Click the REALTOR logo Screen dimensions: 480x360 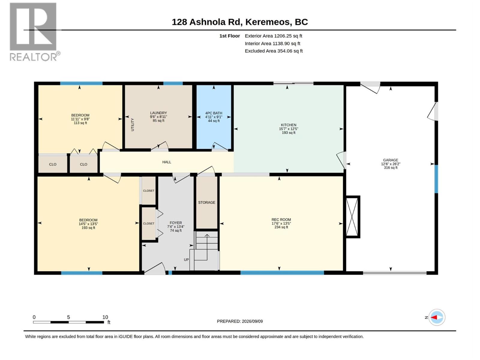(35, 32)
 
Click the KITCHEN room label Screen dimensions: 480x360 (288, 125)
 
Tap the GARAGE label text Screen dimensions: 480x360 (391, 160)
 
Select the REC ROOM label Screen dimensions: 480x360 (281, 220)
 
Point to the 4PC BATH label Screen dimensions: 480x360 (214, 113)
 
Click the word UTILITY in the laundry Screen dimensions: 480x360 (132, 124)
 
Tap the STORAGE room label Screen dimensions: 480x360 (207, 202)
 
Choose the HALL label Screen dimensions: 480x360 (166, 162)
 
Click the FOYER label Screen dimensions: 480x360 (175, 223)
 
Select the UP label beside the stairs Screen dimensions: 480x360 (186, 259)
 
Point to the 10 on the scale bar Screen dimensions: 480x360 (105, 317)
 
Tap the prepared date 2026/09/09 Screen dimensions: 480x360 (252, 321)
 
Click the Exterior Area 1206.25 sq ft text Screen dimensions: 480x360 (273, 36)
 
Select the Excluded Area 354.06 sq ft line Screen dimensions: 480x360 (274, 51)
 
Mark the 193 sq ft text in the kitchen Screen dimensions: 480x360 (288, 133)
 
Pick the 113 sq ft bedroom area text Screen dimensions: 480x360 (80, 123)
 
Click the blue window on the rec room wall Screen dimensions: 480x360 (282, 273)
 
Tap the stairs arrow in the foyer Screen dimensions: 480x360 (207, 247)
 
